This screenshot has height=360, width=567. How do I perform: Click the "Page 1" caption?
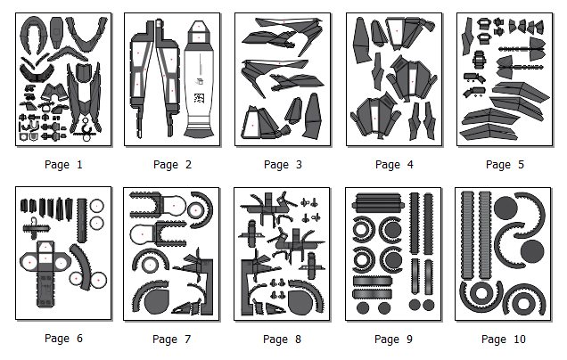(63, 165)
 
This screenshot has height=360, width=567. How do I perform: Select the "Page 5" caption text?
(505, 165)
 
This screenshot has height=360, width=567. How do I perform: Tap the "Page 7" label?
(172, 339)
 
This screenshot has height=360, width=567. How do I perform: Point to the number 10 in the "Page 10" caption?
(519, 339)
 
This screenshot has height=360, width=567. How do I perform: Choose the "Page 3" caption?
(283, 165)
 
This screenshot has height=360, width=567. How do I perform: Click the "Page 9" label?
(393, 339)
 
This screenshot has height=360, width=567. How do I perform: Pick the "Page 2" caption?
(172, 165)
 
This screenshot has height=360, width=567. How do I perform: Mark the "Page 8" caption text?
(282, 339)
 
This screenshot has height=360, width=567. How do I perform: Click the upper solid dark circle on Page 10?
(505, 208)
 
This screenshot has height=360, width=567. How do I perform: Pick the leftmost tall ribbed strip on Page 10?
(467, 235)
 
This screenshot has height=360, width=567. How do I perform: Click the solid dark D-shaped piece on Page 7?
(157, 300)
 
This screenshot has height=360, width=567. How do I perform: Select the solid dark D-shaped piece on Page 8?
(300, 301)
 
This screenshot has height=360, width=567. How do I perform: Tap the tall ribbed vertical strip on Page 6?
(82, 220)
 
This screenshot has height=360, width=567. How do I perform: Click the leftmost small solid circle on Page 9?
(363, 308)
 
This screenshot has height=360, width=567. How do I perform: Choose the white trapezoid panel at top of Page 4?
(396, 32)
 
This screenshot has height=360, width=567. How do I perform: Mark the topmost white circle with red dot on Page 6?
(96, 206)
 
